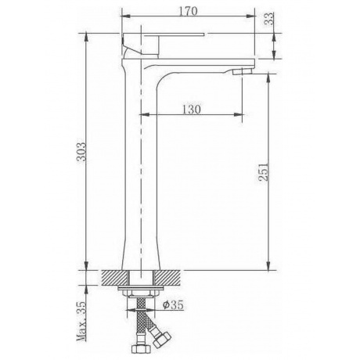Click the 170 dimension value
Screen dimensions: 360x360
(x=188, y=11)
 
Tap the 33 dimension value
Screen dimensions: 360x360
(x=269, y=19)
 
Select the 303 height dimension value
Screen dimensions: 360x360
(x=81, y=152)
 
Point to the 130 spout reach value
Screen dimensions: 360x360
(x=192, y=109)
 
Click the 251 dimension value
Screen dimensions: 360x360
(x=263, y=171)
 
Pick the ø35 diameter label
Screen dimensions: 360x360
(x=173, y=304)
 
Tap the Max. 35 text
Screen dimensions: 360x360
(x=81, y=321)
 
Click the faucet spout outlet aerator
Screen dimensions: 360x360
(x=242, y=71)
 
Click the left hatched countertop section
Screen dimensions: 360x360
(x=115, y=278)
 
